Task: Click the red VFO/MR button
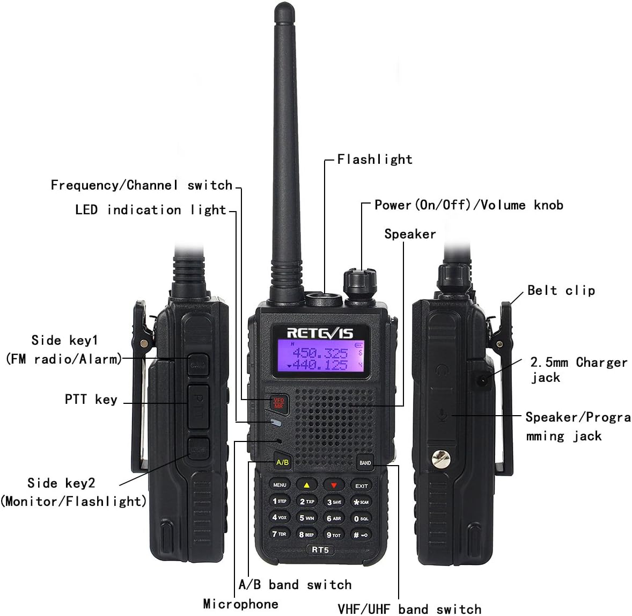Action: coord(278,403)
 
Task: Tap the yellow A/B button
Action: coord(282,462)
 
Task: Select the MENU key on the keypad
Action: coord(280,484)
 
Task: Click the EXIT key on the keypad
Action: coord(361,485)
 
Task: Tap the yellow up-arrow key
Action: coord(306,485)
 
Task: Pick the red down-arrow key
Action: coord(334,485)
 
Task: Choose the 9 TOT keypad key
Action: coord(334,535)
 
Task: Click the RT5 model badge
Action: coord(320,550)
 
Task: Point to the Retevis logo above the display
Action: coord(320,333)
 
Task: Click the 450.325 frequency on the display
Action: coord(320,353)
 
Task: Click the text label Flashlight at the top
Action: coord(374,160)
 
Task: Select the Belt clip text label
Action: coord(561,291)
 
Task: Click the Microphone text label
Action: coord(240,604)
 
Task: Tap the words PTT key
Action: coord(91,399)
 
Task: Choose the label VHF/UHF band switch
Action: coord(409,609)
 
